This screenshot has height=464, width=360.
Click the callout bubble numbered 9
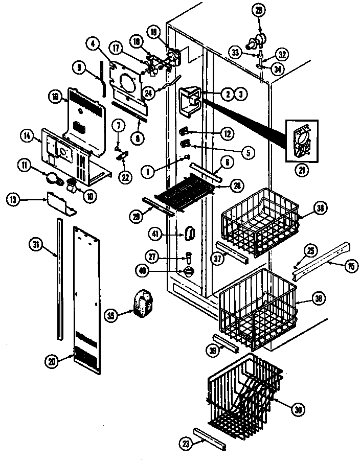[x=80, y=66]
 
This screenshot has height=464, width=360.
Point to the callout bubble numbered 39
[x=212, y=350]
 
